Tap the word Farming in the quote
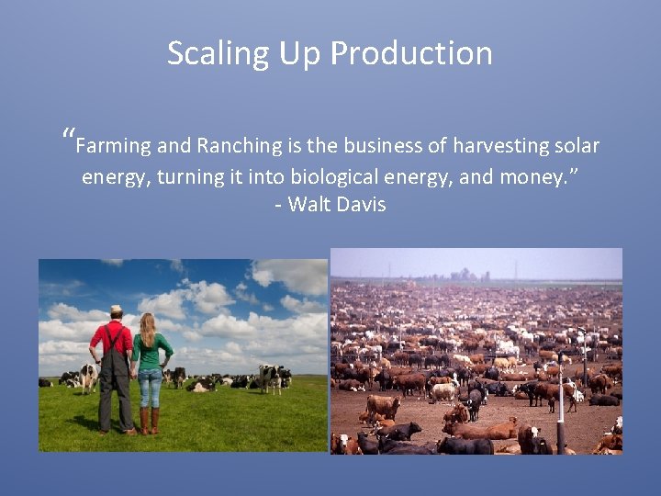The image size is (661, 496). [x=113, y=146]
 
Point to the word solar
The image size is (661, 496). [x=575, y=146]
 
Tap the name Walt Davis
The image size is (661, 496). [x=336, y=204]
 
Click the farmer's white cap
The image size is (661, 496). [x=116, y=310]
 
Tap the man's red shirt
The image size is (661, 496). [x=113, y=338]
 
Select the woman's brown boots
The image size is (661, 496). [x=150, y=419]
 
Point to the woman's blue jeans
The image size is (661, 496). [x=150, y=386]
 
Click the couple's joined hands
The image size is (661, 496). [x=133, y=369]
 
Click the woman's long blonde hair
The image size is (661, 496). [x=147, y=328]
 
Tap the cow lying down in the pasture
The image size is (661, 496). [x=198, y=387]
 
